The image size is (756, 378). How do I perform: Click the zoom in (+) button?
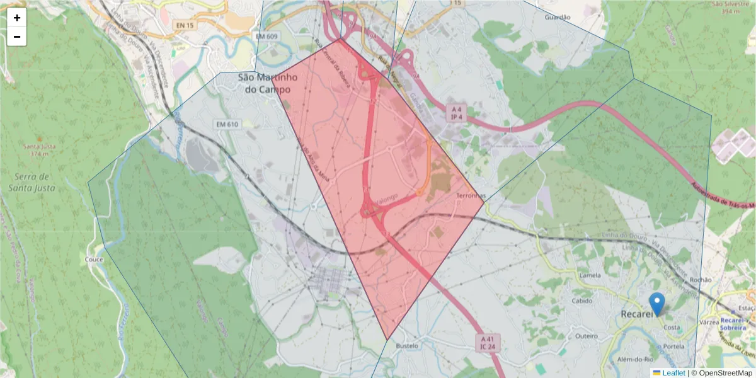(17, 18)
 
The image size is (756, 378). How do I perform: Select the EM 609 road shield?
(267, 37)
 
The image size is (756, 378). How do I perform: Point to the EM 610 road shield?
(226, 124)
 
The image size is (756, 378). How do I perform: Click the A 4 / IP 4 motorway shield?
(457, 113)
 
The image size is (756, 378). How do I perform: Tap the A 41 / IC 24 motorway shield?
(485, 342)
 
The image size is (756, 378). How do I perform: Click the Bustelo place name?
(407, 346)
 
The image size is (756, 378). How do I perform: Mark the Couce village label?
(93, 259)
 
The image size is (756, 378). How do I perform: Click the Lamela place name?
(589, 275)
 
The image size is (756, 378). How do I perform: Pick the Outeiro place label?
(586, 336)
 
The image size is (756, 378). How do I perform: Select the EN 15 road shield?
(185, 25)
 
